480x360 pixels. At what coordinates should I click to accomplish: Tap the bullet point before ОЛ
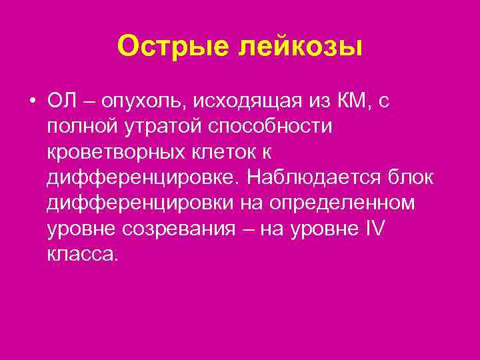[32, 101]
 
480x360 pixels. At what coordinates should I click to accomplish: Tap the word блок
[412, 177]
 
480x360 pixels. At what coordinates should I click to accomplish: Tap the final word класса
[82, 253]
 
